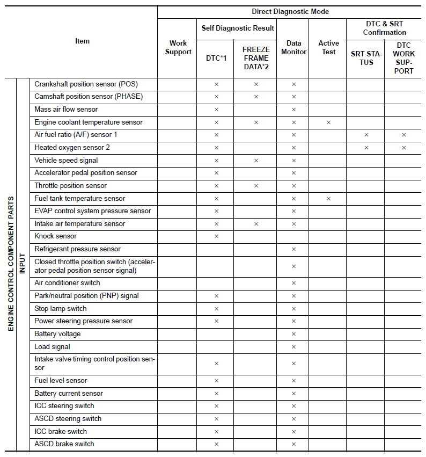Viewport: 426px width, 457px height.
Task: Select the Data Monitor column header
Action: coord(293,48)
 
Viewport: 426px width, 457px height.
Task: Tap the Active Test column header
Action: coord(328,48)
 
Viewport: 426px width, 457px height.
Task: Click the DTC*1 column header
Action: coord(216,58)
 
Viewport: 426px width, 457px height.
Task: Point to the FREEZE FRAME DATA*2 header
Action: coord(256,58)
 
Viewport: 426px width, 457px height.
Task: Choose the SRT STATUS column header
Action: coord(366,58)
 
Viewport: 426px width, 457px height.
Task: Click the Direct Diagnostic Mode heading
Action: coord(290,11)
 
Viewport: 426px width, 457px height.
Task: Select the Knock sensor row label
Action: coord(56,236)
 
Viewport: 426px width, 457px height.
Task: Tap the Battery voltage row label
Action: coord(57,334)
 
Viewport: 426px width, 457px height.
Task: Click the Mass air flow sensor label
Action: coord(66,110)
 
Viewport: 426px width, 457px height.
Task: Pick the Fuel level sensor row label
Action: coord(61,381)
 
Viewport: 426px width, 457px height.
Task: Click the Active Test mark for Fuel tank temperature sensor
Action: coord(328,199)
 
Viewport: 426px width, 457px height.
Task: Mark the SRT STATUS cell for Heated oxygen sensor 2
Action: coord(366,148)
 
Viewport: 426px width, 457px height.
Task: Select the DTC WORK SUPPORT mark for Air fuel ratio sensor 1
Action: coord(403,135)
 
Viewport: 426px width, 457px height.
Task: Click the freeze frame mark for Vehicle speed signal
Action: coord(256,161)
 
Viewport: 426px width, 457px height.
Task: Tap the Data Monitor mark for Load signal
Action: coord(293,347)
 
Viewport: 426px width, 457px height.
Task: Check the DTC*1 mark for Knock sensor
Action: coord(216,236)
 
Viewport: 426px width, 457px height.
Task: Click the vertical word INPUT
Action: coord(23,263)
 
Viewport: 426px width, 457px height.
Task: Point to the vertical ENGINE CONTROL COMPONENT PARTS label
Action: coord(11,263)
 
